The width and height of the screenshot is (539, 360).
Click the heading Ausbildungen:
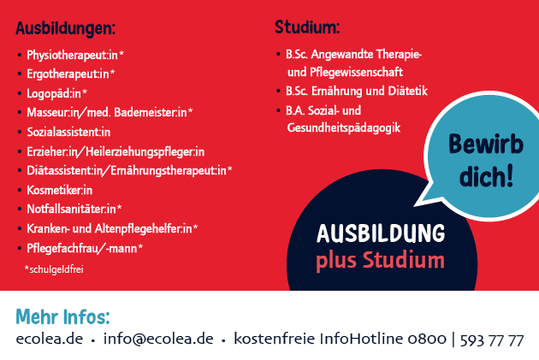[65, 28]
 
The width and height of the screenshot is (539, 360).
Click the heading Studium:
[307, 27]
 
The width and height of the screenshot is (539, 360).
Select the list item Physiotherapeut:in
[75, 55]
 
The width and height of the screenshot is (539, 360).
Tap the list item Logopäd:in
[57, 93]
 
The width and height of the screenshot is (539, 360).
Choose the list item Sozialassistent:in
[68, 132]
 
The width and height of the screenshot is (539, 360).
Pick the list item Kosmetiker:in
[60, 190]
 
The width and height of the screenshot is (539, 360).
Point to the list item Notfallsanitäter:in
[74, 209]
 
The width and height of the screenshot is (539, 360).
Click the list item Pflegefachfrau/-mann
[85, 248]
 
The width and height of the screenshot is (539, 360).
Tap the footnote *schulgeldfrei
[54, 269]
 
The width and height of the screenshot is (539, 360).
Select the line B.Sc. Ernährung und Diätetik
[357, 91]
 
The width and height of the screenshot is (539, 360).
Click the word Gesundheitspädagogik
[344, 127]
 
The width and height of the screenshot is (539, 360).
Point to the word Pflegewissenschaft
[356, 72]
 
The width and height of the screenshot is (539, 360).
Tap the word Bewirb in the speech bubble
[486, 144]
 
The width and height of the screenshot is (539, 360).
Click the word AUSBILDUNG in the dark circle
[381, 233]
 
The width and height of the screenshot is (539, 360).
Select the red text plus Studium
[380, 261]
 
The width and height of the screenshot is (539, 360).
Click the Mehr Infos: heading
[62, 316]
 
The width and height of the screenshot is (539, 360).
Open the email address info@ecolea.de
[158, 339]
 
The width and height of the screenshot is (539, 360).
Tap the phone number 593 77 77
[492, 340]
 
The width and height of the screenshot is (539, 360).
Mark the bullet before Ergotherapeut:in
[20, 74]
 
